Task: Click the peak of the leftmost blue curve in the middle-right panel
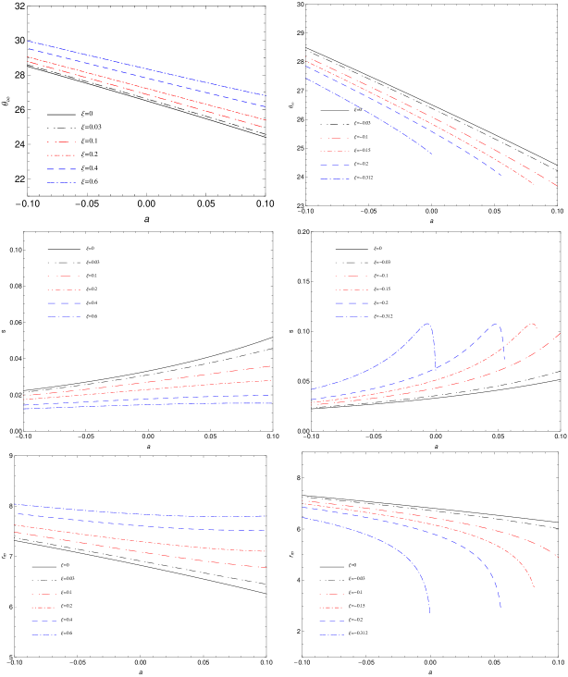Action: click(427, 324)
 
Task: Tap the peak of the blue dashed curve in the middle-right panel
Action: click(497, 324)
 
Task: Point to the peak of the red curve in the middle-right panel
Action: click(533, 324)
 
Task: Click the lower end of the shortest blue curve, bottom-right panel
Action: click(429, 612)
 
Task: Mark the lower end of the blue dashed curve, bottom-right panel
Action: click(500, 608)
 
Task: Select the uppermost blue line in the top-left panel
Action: click(148, 68)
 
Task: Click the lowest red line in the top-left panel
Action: click(148, 94)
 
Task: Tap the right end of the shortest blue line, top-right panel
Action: click(432, 154)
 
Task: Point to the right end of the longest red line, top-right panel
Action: click(557, 187)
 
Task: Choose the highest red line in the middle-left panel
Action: click(148, 380)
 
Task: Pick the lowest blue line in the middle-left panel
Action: click(148, 405)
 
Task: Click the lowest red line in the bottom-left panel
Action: click(139, 550)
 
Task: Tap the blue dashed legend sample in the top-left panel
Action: click(61, 169)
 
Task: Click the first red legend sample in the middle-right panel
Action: click(351, 277)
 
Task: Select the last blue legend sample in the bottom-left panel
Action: click(43, 635)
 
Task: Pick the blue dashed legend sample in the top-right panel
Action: click(334, 165)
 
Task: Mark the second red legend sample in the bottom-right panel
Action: click(330, 608)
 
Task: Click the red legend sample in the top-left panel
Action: click(61, 155)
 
